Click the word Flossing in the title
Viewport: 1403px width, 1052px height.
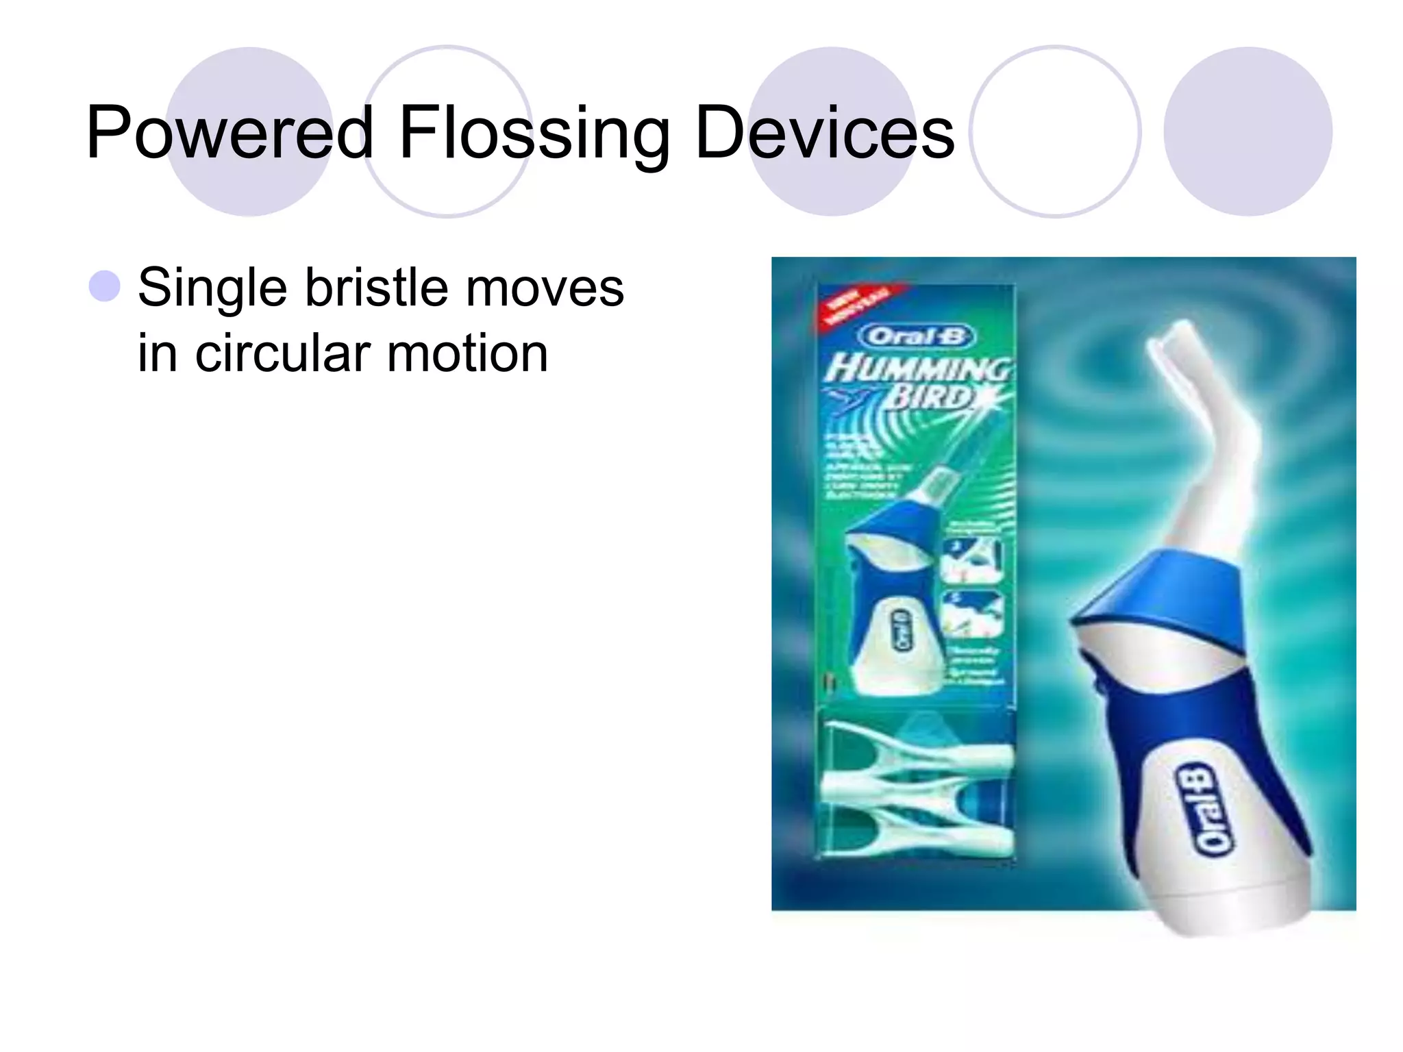[x=534, y=134]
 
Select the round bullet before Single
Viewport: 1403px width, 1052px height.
[x=105, y=286]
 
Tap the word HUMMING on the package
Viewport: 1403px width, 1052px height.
[x=917, y=370]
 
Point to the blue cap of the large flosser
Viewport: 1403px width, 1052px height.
[x=1165, y=596]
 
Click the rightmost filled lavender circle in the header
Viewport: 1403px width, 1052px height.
[x=1247, y=131]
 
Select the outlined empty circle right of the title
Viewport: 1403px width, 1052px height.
[x=1055, y=131]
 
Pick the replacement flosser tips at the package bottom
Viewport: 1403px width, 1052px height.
[x=918, y=788]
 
